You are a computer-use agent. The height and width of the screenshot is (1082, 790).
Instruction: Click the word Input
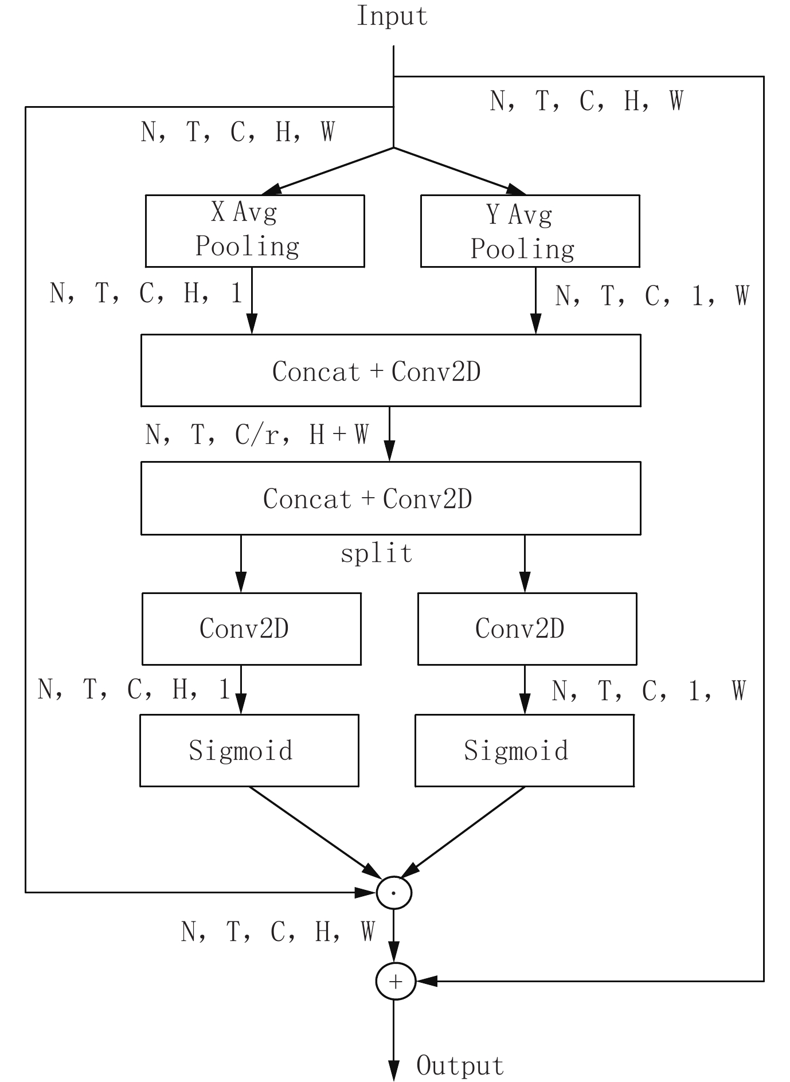click(392, 16)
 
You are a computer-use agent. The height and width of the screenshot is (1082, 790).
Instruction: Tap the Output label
click(460, 1065)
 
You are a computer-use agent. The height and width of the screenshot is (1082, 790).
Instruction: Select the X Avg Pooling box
click(255, 231)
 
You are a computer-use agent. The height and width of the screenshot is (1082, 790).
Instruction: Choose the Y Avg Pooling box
click(530, 231)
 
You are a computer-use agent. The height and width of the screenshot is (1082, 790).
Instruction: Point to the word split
click(377, 554)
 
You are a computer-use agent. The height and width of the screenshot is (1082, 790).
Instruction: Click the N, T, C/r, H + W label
click(257, 435)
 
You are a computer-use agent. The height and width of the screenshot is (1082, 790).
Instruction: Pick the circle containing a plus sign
click(394, 981)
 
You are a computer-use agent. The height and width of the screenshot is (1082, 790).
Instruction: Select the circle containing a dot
click(394, 892)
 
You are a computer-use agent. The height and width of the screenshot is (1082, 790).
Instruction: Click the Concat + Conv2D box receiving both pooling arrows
click(390, 370)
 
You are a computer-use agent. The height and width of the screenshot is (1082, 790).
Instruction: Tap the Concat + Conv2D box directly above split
click(390, 498)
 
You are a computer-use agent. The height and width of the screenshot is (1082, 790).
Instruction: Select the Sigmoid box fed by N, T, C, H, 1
click(249, 750)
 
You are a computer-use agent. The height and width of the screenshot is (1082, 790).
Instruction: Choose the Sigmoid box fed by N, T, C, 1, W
click(524, 750)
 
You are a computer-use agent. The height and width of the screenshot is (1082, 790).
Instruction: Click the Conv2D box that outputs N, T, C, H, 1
click(251, 628)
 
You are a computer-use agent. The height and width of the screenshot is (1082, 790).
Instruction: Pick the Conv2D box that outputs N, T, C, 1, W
click(527, 628)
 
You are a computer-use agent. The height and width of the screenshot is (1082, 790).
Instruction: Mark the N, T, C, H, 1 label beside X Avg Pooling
click(146, 293)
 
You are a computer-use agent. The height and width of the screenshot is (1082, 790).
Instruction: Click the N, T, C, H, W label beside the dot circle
click(277, 932)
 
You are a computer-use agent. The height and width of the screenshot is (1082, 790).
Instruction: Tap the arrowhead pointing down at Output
click(393, 1070)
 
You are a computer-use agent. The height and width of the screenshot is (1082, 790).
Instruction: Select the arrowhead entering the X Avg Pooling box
click(272, 190)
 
